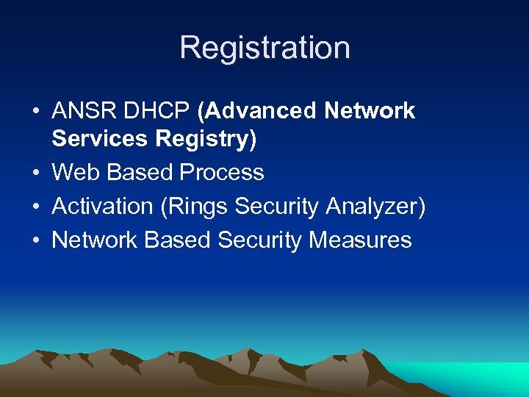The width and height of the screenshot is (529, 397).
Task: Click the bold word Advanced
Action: [x=259, y=111]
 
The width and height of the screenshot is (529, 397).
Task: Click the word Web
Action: [x=76, y=173]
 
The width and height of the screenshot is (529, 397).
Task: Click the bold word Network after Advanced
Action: [x=371, y=111]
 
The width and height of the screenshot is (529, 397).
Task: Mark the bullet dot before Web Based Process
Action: [x=36, y=174]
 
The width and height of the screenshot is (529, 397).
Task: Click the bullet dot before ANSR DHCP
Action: [x=36, y=112]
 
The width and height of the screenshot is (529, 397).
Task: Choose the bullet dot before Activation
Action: [x=36, y=207]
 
